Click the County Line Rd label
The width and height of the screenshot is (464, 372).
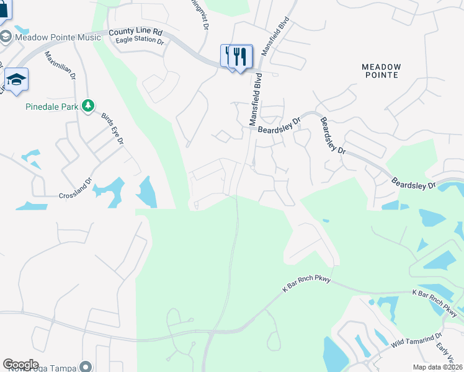[x=135, y=32]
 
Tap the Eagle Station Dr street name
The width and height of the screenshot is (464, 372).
[x=140, y=42]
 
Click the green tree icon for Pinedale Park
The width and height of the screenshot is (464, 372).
[x=89, y=106]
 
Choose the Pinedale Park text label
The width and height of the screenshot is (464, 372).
[x=52, y=107]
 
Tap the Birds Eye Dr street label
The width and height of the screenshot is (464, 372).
[x=112, y=130]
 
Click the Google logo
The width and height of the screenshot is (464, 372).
[x=20, y=365]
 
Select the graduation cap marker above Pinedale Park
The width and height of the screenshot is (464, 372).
[x=16, y=80]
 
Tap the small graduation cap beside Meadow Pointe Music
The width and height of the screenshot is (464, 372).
[x=5, y=37]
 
